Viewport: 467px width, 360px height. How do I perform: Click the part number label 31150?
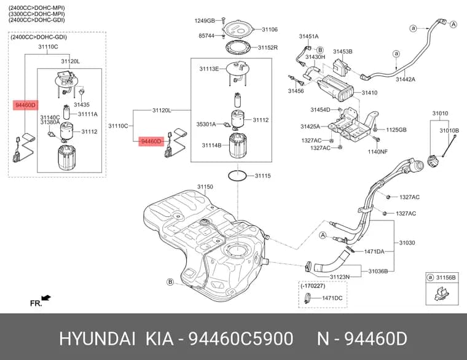[205, 187]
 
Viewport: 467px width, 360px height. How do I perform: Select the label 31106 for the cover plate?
[270, 29]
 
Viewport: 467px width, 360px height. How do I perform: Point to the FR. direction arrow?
[46, 297]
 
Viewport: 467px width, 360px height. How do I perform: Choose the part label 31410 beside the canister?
[370, 93]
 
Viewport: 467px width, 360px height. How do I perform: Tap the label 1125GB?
[396, 130]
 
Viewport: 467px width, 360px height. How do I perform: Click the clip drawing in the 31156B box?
[441, 294]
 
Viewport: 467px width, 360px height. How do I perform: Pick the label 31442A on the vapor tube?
[406, 79]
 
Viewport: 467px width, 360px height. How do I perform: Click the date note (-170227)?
[313, 286]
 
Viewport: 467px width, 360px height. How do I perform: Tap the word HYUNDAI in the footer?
[97, 339]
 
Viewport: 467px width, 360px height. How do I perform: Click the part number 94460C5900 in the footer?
[241, 339]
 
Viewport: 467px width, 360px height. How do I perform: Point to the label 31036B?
[378, 272]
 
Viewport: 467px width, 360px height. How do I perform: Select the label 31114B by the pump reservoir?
[211, 146]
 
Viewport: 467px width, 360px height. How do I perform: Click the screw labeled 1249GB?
[224, 20]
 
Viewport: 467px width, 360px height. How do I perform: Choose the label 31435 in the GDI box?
[82, 104]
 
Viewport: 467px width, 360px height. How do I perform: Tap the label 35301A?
[206, 124]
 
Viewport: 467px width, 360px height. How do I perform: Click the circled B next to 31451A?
[320, 50]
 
